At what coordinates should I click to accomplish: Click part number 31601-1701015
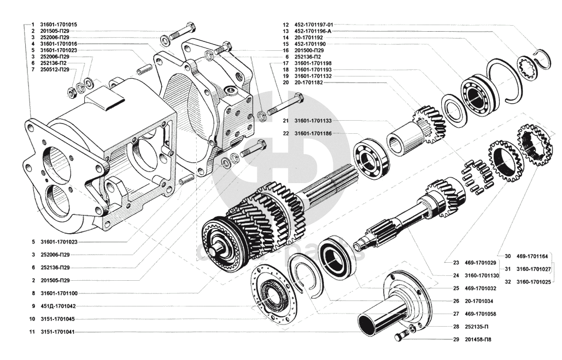tap(58, 25)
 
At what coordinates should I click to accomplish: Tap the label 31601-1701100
tap(58, 293)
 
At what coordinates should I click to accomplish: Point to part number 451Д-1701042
tap(58, 306)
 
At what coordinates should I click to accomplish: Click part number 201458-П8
tap(480, 339)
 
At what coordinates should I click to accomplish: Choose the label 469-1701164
tap(532, 256)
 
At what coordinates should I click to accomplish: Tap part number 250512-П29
tap(55, 70)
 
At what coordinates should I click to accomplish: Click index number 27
tap(455, 314)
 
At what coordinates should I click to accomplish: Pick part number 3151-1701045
tap(58, 319)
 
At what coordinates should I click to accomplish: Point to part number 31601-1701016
tap(58, 44)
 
